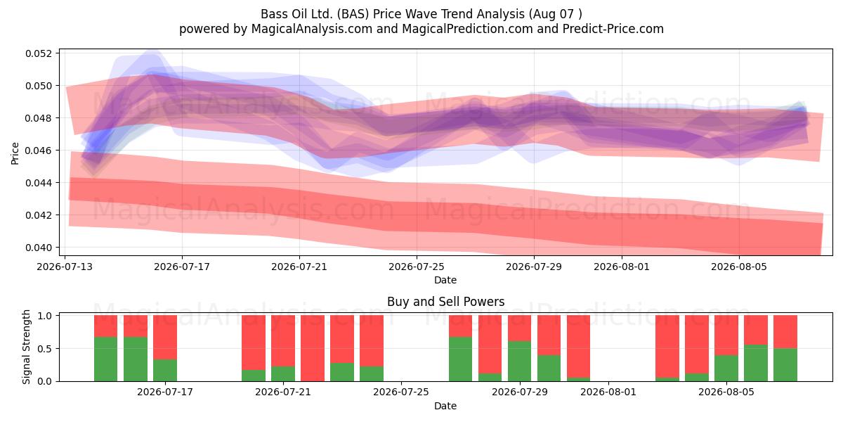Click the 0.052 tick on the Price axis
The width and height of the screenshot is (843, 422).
[37, 53]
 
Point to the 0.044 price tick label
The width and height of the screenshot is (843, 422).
[37, 183]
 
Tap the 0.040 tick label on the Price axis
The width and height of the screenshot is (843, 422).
[37, 248]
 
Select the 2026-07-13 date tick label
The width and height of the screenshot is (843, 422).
[65, 267]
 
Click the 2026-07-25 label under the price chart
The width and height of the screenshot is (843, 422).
[416, 267]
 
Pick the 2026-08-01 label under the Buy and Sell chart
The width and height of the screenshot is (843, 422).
[608, 392]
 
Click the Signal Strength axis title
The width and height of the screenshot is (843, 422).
[26, 347]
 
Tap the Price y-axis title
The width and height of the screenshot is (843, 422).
[15, 153]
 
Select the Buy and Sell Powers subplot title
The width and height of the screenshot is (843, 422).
[445, 302]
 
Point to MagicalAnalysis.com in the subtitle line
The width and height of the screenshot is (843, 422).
[312, 29]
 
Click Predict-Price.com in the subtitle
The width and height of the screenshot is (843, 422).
[613, 29]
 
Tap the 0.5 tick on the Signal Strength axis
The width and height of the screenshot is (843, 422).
[45, 349]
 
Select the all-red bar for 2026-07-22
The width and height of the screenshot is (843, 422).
[313, 348]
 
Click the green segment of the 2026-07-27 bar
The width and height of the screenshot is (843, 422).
[460, 359]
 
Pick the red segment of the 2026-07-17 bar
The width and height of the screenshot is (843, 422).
[165, 337]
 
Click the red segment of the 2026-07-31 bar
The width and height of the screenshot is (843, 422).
[578, 347]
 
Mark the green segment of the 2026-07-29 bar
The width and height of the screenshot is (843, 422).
[519, 362]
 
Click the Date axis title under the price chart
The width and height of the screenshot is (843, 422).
[445, 281]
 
